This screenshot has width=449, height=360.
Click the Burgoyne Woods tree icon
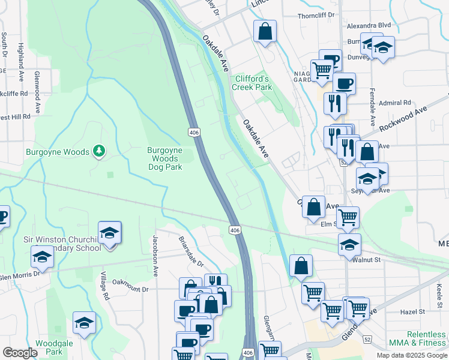pos(100,152)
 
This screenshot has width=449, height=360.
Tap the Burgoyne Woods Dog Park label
pos(165,159)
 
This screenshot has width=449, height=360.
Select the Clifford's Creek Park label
pos(252,83)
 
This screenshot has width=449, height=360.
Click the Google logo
pos(20,353)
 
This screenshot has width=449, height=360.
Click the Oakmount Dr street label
pos(130,289)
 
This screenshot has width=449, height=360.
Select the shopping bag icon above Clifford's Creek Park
pos(265,31)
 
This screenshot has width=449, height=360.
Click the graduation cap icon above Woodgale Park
pos(85,322)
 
